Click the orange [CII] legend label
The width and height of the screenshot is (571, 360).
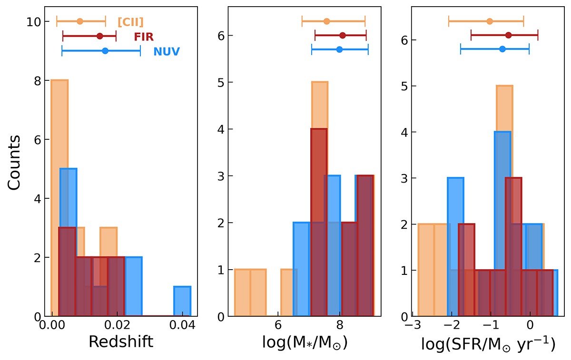pos(130,21)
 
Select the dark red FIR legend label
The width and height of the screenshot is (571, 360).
pos(143,36)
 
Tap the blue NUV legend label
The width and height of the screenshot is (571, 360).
pos(166,51)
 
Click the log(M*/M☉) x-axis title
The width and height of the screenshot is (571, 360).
pos(305,342)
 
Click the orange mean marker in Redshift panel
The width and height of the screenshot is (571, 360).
pos(80,21)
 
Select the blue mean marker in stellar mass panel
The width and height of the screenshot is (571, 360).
pos(339,49)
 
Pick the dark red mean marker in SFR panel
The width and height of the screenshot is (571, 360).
pos(509,35)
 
